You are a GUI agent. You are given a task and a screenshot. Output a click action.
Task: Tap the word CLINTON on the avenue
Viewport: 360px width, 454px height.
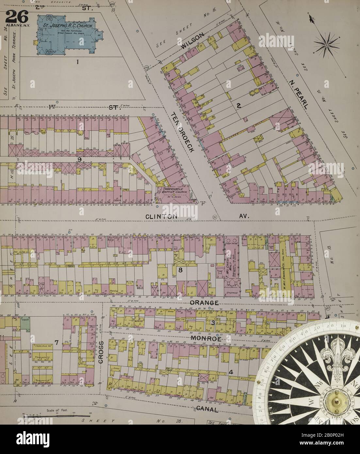(x=161, y=216)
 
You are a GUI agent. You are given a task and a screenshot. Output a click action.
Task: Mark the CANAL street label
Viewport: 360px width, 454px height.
(x=206, y=409)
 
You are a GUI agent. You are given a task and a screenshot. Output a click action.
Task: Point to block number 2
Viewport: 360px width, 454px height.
(x=239, y=105)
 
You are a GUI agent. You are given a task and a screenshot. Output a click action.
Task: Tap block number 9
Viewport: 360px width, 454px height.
(x=79, y=159)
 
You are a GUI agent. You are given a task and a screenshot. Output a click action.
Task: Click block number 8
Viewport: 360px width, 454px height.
(x=180, y=270)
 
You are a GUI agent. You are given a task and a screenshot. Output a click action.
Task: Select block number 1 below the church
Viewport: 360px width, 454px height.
(x=78, y=61)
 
